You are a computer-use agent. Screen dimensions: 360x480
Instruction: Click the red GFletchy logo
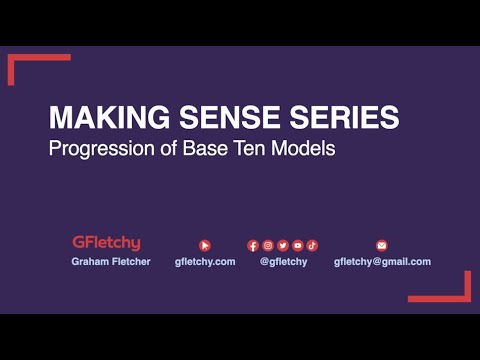(106, 243)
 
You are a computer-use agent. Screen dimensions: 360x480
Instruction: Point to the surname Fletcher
(130, 261)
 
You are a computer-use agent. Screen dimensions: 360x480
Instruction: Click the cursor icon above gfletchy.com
(205, 245)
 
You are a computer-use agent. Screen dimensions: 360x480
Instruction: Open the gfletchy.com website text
(205, 261)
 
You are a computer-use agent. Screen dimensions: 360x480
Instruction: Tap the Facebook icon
(253, 245)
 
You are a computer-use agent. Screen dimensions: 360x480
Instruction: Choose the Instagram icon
(268, 245)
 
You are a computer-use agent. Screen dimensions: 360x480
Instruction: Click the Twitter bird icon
(283, 245)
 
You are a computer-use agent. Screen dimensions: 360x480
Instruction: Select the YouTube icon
(298, 245)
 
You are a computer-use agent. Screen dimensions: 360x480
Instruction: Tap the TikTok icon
(312, 245)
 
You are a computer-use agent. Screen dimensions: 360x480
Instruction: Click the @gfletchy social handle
(283, 261)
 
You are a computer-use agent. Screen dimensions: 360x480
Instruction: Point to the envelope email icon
(381, 245)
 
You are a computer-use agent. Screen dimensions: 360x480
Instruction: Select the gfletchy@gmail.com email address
(382, 261)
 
